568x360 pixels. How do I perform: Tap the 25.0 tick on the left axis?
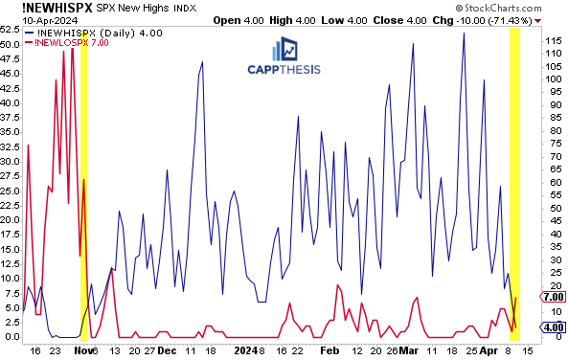[11, 190]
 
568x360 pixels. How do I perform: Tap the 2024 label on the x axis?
[247, 350]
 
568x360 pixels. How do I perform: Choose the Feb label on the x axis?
[329, 350]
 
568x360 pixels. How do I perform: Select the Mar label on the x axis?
[409, 350]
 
